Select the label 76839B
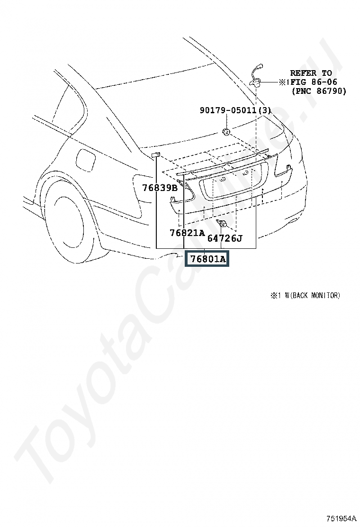click(x=160, y=188)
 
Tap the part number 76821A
click(x=187, y=233)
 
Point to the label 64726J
click(x=225, y=238)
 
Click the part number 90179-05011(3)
click(x=235, y=110)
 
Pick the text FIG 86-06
click(x=314, y=82)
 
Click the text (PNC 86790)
click(x=319, y=91)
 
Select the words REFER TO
click(x=311, y=73)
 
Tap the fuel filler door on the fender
click(x=86, y=159)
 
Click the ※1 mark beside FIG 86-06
click(x=284, y=82)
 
